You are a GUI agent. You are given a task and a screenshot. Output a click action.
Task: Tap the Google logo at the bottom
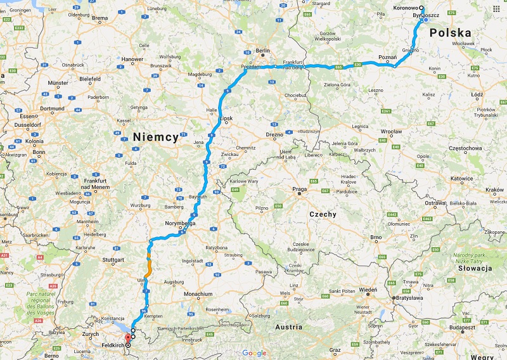[254, 353]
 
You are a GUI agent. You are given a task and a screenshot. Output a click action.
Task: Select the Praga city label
[300, 189]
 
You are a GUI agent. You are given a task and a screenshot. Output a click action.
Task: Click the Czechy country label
[323, 214]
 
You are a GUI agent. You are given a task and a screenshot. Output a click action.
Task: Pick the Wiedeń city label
[368, 290]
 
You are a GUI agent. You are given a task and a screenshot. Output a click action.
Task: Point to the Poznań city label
[387, 57]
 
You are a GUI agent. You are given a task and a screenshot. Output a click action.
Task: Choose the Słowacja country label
[473, 269]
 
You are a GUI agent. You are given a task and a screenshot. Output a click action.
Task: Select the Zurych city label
[90, 333]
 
